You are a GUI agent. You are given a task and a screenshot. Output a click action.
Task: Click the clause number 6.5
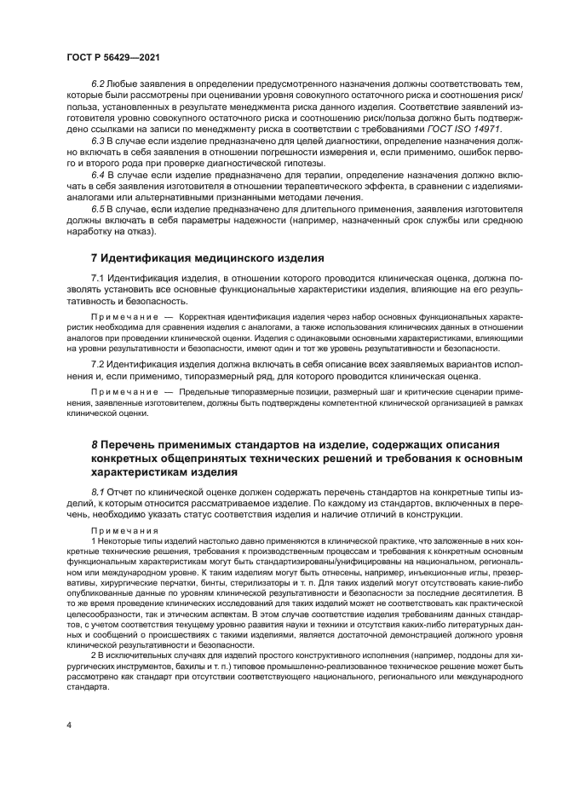pos(97,207)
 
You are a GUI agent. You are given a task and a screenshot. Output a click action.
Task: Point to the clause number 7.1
pos(97,279)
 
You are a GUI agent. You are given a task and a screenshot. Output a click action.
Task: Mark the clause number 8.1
pos(97,493)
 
